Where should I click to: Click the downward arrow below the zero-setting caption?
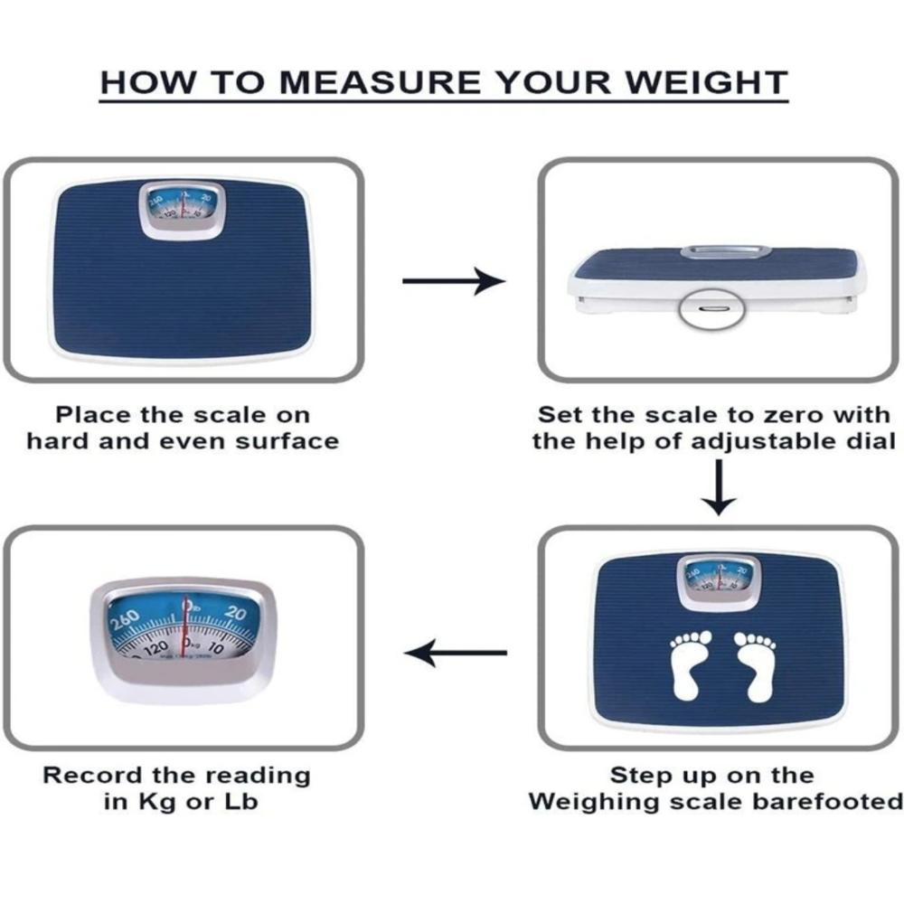coord(720,488)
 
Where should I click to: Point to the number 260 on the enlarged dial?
coord(125,622)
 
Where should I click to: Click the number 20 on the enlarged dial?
coord(235,615)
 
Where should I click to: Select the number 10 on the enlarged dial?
coord(217,647)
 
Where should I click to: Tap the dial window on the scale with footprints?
coord(719,579)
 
